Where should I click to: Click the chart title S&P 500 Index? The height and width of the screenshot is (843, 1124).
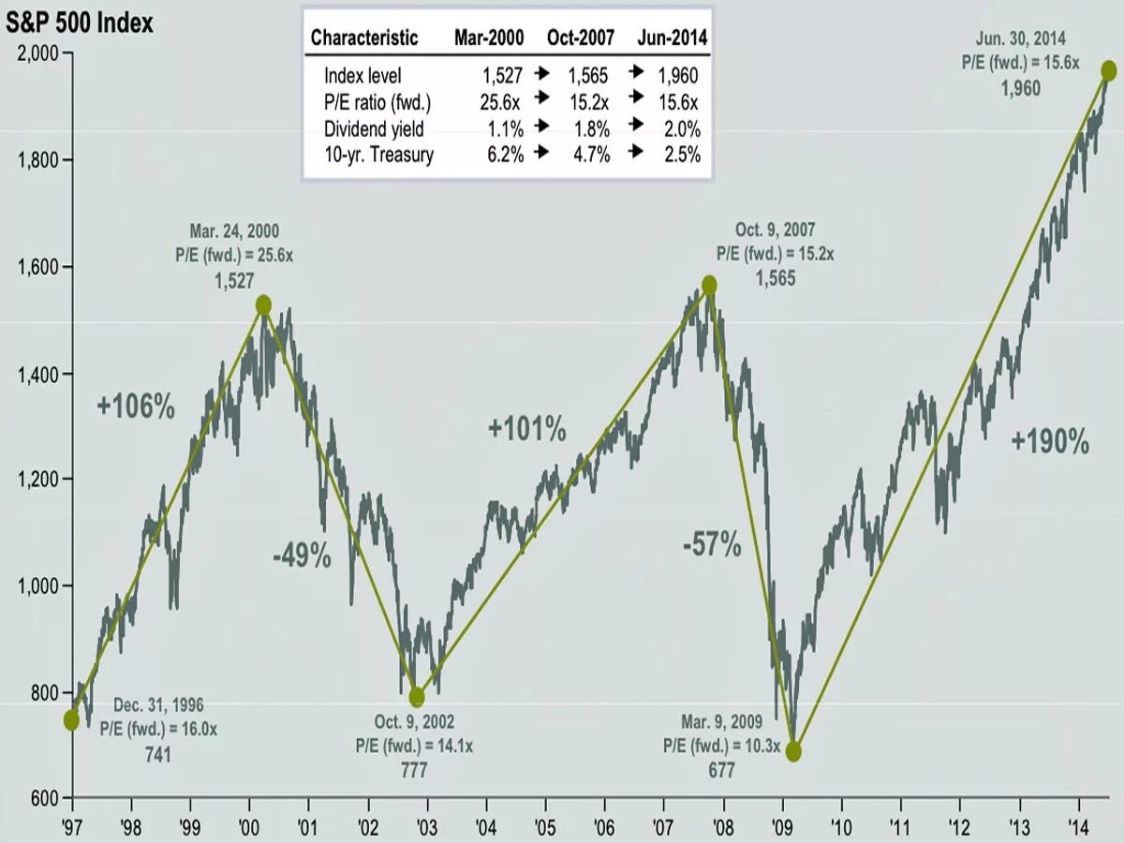80,22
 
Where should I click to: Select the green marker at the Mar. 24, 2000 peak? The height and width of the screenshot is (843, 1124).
263,304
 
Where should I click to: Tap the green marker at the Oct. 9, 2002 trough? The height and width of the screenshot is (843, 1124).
417,698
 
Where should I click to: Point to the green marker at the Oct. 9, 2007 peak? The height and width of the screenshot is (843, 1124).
709,285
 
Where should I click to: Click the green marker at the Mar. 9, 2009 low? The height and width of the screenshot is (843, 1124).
793,751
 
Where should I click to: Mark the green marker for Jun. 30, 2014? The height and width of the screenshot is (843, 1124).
1108,70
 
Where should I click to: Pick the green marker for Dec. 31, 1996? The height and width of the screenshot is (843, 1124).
71,719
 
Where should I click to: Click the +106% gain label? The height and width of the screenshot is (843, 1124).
136,407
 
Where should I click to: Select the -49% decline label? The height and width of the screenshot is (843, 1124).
303,556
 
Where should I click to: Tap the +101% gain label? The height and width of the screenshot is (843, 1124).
526,430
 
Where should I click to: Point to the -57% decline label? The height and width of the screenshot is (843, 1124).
712,544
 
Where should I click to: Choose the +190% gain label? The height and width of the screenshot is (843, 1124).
1050,442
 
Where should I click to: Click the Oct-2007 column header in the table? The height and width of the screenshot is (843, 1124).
580,38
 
